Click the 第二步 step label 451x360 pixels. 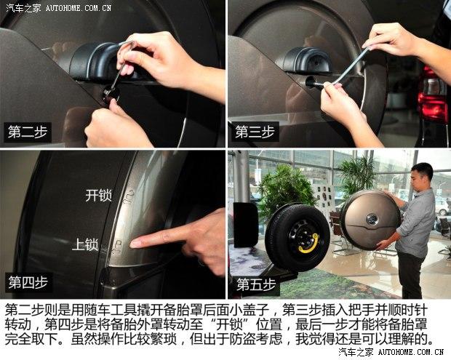[x=28, y=132]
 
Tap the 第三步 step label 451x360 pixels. [x=255, y=132]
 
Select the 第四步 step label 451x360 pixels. [x=28, y=282]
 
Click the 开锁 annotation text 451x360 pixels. [x=98, y=196]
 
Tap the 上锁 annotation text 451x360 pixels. [x=85, y=244]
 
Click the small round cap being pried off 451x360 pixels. [x=111, y=95]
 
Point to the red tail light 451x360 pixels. [x=433, y=93]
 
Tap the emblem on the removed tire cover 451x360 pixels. [x=372, y=220]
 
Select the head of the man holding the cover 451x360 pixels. [x=421, y=175]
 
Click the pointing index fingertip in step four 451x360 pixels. [x=133, y=244]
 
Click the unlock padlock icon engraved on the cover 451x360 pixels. [x=129, y=196]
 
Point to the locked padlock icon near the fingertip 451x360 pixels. [x=117, y=247]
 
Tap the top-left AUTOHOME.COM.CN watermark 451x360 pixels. [x=79, y=8]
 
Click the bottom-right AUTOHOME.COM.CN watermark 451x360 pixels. [x=411, y=352]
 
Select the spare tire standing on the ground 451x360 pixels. [x=298, y=238]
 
